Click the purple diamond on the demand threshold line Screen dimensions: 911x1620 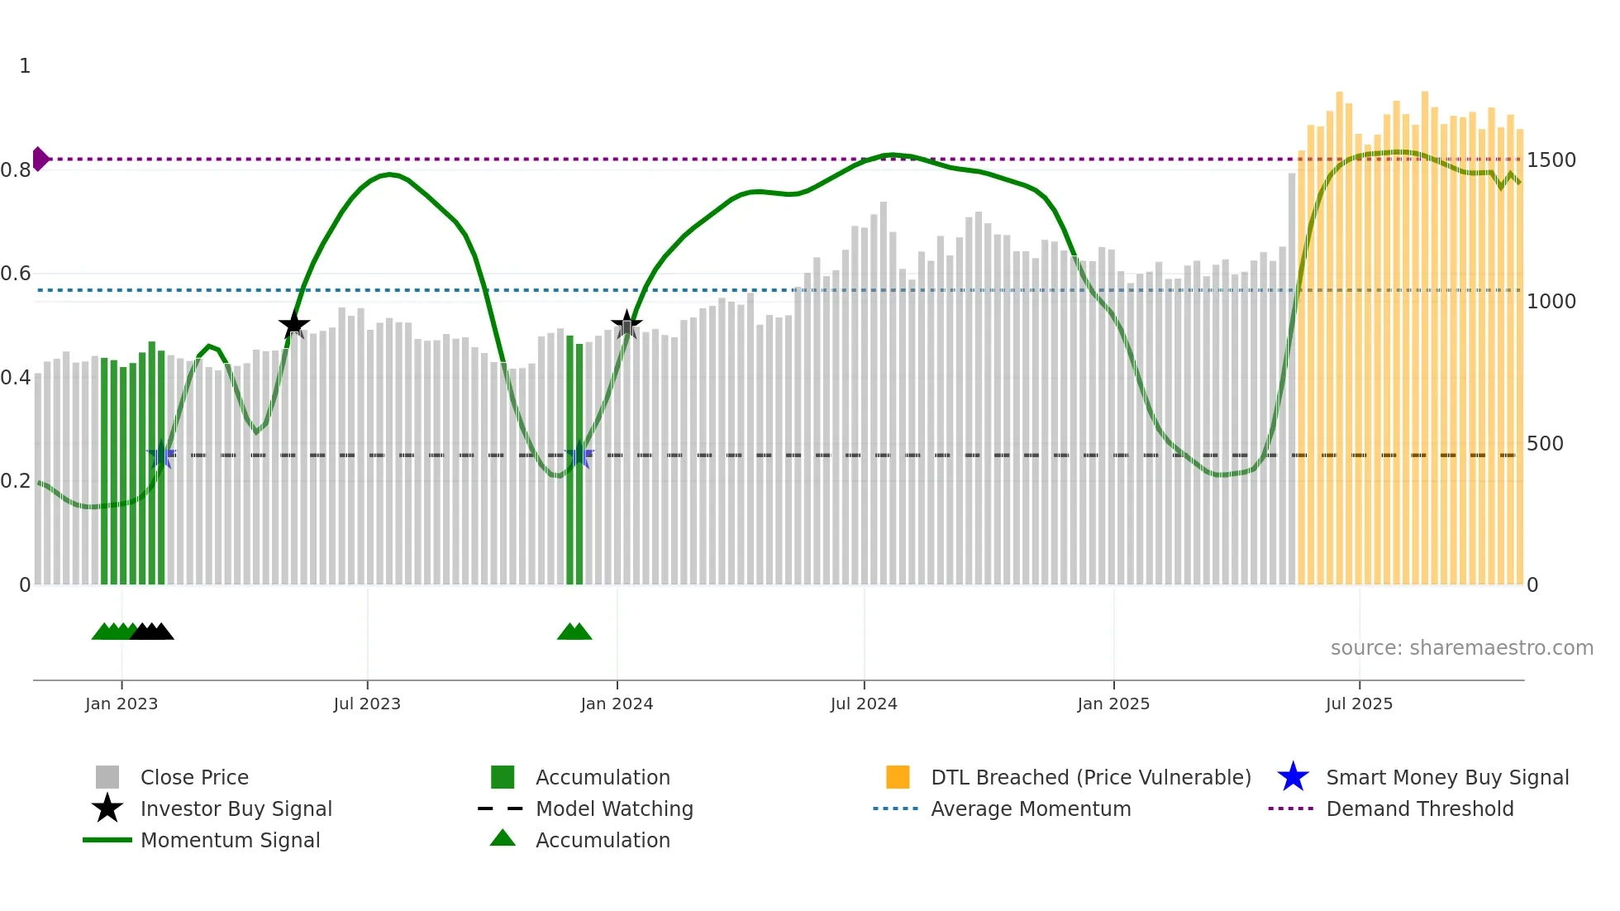point(40,159)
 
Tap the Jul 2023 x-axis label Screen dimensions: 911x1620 point(367,704)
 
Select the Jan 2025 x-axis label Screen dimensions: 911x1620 point(1113,704)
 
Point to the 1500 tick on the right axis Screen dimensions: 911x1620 point(1551,160)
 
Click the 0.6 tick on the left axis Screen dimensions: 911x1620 point(16,274)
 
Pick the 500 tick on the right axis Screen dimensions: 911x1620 point(1544,444)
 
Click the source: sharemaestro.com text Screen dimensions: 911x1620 point(1461,648)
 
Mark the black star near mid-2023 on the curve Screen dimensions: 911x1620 point(293,325)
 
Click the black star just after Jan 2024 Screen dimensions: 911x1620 point(627,325)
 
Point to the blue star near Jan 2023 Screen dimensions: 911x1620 point(161,455)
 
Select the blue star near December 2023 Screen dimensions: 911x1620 point(579,455)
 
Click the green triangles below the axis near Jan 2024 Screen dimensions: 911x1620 point(574,632)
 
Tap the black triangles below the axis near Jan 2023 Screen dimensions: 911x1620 point(153,632)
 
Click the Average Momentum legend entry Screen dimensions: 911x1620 point(1030,809)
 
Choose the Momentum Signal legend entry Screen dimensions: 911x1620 point(230,841)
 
